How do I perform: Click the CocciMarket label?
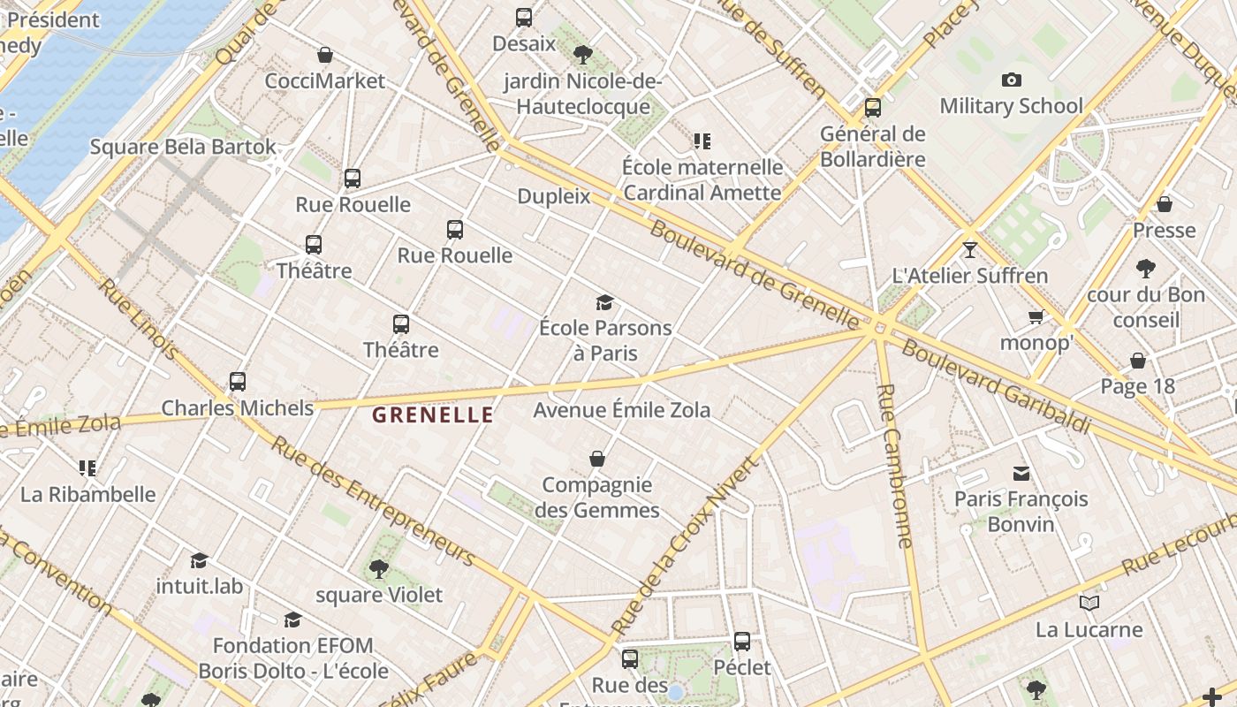pyautogui.click(x=325, y=81)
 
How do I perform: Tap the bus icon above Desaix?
pyautogui.click(x=524, y=18)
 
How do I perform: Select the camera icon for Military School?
pyautogui.click(x=1012, y=80)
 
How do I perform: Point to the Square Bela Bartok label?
pyautogui.click(x=183, y=147)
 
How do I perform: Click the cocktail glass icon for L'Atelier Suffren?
pyautogui.click(x=970, y=249)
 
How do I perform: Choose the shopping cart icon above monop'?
pyautogui.click(x=1036, y=316)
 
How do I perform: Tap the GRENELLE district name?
pyautogui.click(x=432, y=415)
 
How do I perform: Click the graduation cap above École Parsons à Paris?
pyautogui.click(x=604, y=303)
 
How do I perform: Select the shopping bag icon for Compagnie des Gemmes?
pyautogui.click(x=597, y=460)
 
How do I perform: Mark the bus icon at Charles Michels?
pyautogui.click(x=237, y=382)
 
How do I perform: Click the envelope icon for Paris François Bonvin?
pyautogui.click(x=1021, y=474)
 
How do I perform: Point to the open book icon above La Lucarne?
pyautogui.click(x=1089, y=604)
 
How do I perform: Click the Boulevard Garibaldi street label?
pyautogui.click(x=995, y=386)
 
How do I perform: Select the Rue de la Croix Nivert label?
pyautogui.click(x=684, y=544)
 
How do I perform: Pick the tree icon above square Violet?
pyautogui.click(x=379, y=569)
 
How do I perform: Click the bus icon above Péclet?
pyautogui.click(x=742, y=642)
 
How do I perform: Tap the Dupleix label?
pyautogui.click(x=553, y=196)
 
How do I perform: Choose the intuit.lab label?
pyautogui.click(x=199, y=586)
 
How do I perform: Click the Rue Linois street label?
pyautogui.click(x=139, y=319)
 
